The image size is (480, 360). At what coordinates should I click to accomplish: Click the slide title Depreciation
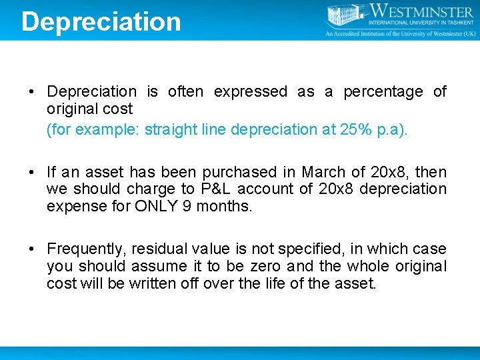tap(101, 21)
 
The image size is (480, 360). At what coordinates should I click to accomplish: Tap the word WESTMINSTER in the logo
tap(423, 11)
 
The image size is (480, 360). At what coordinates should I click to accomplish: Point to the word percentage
tap(383, 92)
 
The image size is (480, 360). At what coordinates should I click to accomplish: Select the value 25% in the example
tap(353, 129)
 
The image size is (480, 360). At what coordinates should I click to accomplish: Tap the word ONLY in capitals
tap(156, 207)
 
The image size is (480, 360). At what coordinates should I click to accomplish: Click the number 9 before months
tap(187, 207)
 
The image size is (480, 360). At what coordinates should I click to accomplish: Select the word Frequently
tap(85, 249)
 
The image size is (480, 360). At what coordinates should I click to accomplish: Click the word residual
tap(159, 249)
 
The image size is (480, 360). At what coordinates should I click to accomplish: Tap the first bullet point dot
tap(31, 92)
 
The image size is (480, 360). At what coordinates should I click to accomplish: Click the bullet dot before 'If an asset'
tap(31, 172)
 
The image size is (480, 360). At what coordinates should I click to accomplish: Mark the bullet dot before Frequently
tap(31, 249)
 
